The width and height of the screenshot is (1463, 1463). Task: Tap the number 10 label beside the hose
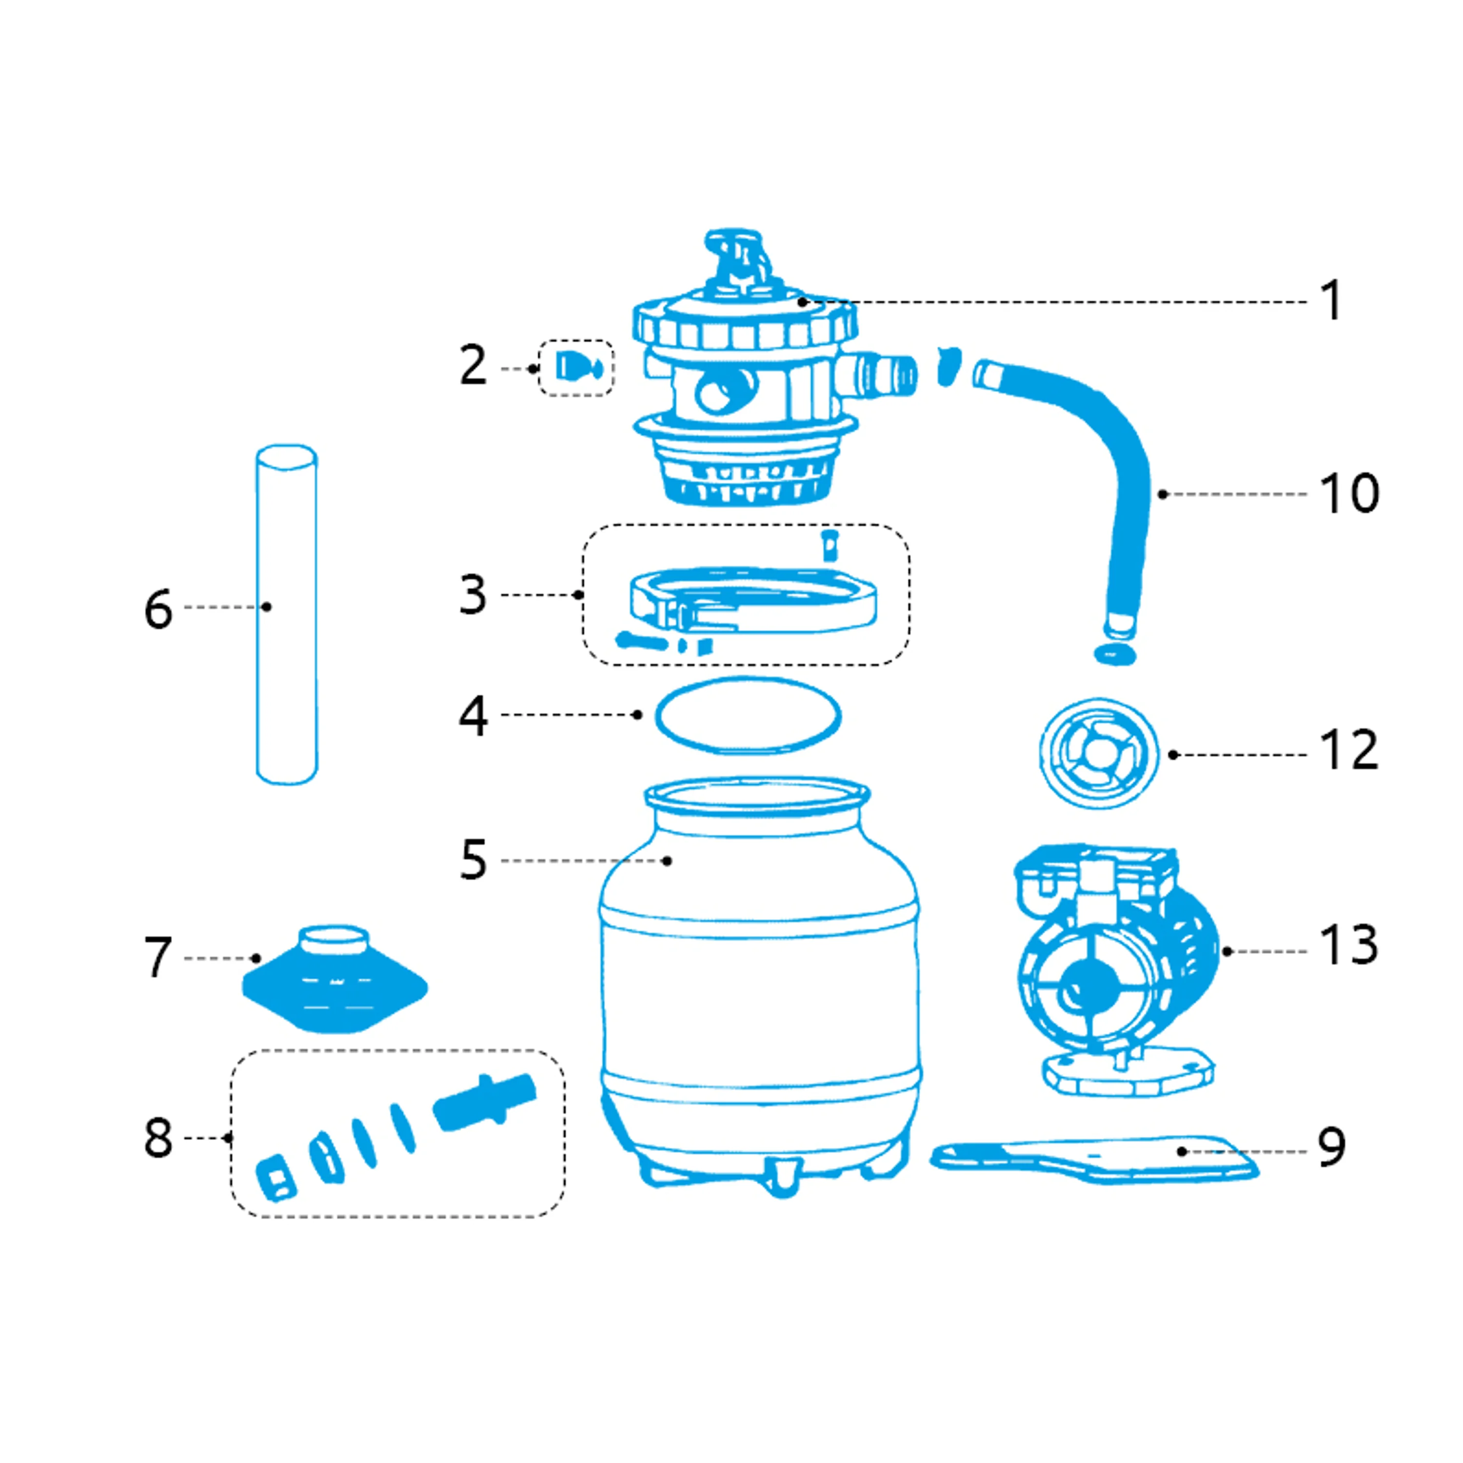click(x=1349, y=494)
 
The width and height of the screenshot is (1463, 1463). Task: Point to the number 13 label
click(x=1349, y=946)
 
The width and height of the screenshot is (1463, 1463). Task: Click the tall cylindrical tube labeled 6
click(x=287, y=614)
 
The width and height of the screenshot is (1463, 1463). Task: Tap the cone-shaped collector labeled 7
click(x=335, y=979)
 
